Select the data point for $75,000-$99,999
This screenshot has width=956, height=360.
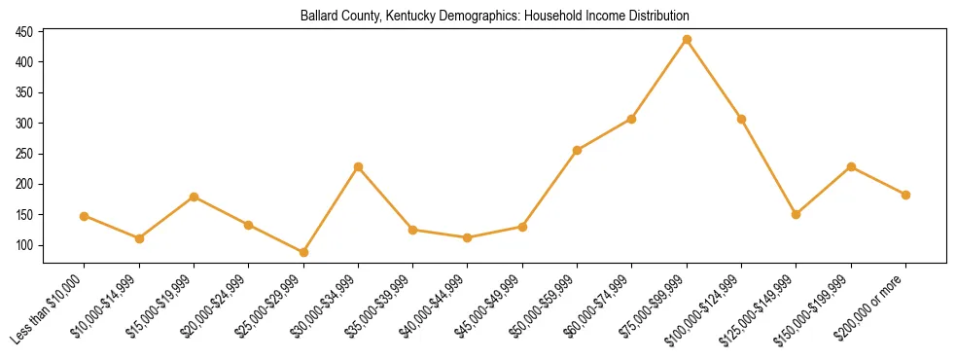[x=687, y=40]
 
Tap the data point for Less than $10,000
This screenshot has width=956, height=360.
[x=85, y=216]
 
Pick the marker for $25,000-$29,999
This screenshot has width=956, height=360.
[x=303, y=253]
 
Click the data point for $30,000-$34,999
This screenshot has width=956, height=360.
[x=358, y=167]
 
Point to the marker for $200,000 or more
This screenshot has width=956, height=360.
[x=905, y=195]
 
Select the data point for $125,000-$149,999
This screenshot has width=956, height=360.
[x=796, y=214]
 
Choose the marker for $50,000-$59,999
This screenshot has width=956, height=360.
[x=577, y=150]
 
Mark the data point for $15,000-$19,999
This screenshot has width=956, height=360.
[x=194, y=197]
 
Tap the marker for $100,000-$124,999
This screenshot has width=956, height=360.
[x=741, y=119]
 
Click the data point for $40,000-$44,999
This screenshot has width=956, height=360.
[x=468, y=237]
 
